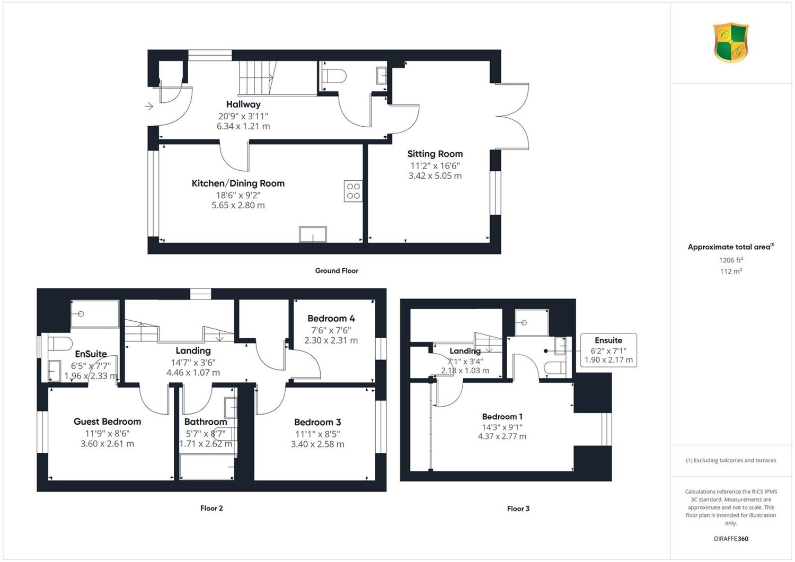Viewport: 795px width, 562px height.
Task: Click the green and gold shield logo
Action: pyautogui.click(x=731, y=42)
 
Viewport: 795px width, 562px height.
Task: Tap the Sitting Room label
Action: pyautogui.click(x=435, y=154)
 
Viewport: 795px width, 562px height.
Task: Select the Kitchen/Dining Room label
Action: pyautogui.click(x=238, y=183)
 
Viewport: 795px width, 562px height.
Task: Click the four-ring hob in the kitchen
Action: pyautogui.click(x=353, y=191)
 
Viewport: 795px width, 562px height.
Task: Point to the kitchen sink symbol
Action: pyautogui.click(x=313, y=234)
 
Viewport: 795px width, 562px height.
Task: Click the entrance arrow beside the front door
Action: pyautogui.click(x=149, y=106)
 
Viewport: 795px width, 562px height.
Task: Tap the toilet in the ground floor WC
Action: pyautogui.click(x=333, y=76)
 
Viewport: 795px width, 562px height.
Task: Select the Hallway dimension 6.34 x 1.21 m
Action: pyautogui.click(x=243, y=126)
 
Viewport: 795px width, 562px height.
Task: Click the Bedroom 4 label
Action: pyautogui.click(x=331, y=319)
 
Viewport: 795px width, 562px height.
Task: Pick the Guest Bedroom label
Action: pyautogui.click(x=107, y=421)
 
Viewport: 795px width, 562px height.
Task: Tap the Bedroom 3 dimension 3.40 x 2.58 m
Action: pyautogui.click(x=317, y=444)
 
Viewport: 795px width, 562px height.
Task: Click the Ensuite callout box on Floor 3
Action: pyautogui.click(x=608, y=350)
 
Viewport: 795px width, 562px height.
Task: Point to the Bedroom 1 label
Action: pyautogui.click(x=502, y=416)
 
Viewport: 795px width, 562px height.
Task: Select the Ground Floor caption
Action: pyautogui.click(x=337, y=270)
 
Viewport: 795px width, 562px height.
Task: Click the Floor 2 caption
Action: pyautogui.click(x=211, y=508)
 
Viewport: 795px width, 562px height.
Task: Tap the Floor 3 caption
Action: pyautogui.click(x=518, y=508)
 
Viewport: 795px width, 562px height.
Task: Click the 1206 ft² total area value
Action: pyautogui.click(x=731, y=260)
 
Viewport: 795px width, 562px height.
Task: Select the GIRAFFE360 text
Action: pyautogui.click(x=731, y=539)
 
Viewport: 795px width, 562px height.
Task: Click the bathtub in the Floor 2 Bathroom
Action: pyautogui.click(x=207, y=467)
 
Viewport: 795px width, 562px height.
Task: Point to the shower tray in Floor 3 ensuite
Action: pyautogui.click(x=531, y=322)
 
